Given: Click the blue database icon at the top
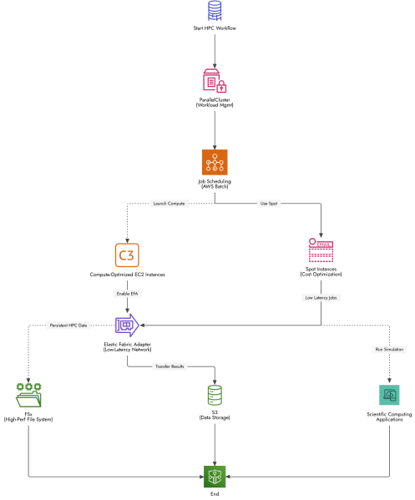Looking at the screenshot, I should tap(215, 10).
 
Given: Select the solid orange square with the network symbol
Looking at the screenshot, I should tap(215, 162).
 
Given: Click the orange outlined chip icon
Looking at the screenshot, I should tap(127, 255).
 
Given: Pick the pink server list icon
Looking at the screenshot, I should tap(321, 250).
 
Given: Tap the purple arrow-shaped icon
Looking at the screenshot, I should tap(127, 325).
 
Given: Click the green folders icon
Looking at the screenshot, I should tap(28, 395).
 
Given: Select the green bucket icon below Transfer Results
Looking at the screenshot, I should tap(215, 395).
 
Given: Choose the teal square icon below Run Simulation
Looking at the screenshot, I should tap(389, 395).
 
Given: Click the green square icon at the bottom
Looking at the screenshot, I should tap(215, 477).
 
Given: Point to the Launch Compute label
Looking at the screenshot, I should tap(169, 203).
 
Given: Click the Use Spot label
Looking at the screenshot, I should tap(267, 203).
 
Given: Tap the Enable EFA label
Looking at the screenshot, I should tap(127, 294).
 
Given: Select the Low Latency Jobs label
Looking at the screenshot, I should tap(321, 297).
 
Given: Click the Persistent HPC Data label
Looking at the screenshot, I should tap(68, 325).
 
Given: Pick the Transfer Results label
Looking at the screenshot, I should tap(170, 366).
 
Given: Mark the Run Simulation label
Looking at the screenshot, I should tap(389, 350).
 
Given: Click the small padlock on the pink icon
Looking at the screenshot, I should tap(221, 87).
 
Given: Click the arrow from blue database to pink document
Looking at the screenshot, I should tap(215, 50).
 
